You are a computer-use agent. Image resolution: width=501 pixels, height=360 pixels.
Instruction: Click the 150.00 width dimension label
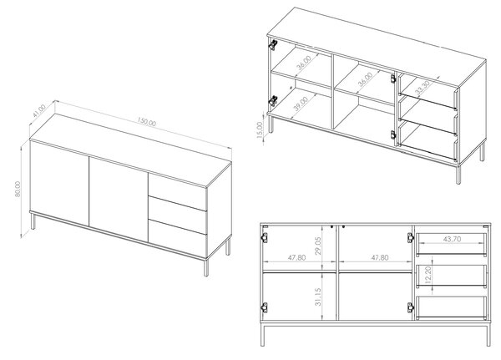(x=147, y=122)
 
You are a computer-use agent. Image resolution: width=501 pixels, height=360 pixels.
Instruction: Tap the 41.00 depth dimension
(x=39, y=110)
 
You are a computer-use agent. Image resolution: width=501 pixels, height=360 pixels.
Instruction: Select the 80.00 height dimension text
(x=18, y=189)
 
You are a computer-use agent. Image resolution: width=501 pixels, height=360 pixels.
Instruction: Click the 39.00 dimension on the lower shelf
(x=301, y=104)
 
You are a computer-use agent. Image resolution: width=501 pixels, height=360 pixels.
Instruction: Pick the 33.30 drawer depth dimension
(x=423, y=88)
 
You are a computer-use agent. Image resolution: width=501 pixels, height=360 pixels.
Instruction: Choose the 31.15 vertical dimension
(x=318, y=297)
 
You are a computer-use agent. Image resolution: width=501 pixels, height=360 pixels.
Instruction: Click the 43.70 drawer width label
(x=452, y=239)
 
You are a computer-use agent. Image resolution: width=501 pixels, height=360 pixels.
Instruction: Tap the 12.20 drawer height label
(x=428, y=275)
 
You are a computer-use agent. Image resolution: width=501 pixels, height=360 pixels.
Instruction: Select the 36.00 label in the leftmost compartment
(x=304, y=63)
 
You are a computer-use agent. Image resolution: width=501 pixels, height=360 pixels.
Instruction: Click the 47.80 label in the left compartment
(x=296, y=257)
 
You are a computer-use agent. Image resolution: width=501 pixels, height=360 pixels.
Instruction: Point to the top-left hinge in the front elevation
(x=264, y=237)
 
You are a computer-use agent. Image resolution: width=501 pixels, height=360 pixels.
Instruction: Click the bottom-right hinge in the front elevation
(x=411, y=308)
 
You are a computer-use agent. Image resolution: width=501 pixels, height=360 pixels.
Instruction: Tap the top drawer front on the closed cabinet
(x=177, y=187)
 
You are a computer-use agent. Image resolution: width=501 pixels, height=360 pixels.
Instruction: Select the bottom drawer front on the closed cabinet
(x=177, y=239)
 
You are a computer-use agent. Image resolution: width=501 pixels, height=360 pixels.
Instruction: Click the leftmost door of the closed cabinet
(x=58, y=183)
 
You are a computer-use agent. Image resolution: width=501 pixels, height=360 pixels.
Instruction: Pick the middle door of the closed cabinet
(x=119, y=199)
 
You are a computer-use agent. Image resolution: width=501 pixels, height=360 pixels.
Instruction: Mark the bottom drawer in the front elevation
(x=452, y=307)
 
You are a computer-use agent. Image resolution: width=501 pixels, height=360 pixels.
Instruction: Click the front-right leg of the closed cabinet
(x=206, y=267)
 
